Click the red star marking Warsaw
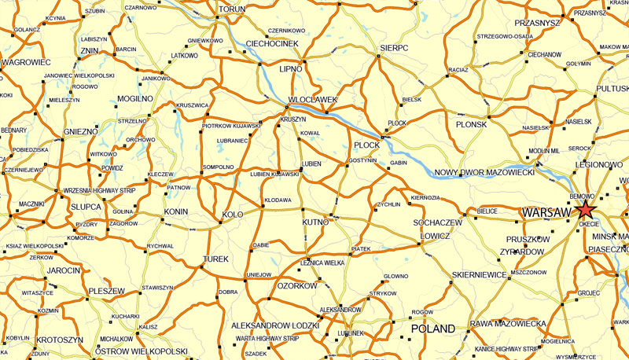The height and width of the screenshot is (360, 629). pyautogui.click(x=585, y=210)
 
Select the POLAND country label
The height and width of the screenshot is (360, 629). pyautogui.click(x=434, y=329)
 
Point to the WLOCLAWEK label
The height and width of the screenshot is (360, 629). pyautogui.click(x=313, y=100)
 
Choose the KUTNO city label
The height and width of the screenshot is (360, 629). pyautogui.click(x=315, y=223)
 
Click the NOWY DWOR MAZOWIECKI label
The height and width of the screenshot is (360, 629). pyautogui.click(x=484, y=171)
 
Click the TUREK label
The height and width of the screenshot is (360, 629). pyautogui.click(x=215, y=258)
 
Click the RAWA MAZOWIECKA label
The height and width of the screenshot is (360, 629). pyautogui.click(x=508, y=324)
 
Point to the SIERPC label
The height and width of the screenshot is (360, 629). pyautogui.click(x=394, y=48)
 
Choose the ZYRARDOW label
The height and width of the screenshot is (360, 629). pyautogui.click(x=521, y=252)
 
